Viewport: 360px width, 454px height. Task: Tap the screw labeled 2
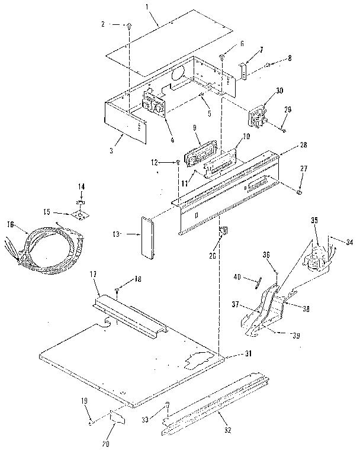click(129, 26)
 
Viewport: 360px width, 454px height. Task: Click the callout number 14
click(82, 186)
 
